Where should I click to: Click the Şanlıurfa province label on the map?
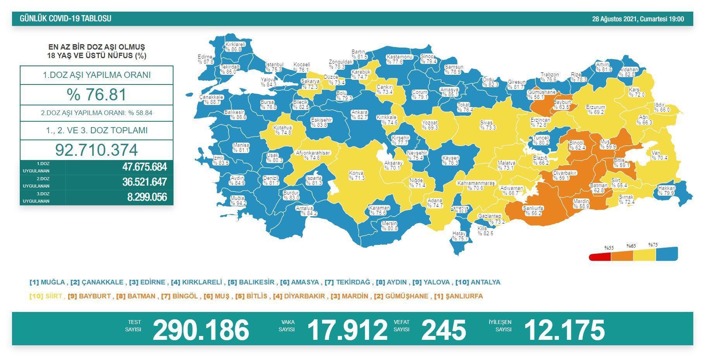pos(533,210)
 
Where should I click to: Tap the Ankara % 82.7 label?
pos(359,115)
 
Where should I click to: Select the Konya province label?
pos(356,176)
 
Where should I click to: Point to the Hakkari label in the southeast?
pos(667,191)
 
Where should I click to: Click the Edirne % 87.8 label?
pos(205,59)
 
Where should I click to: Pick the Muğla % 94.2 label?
pos(238,200)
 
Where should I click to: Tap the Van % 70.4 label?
pos(659,155)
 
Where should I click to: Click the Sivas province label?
pos(488,125)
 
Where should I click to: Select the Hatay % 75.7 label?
pos(460,236)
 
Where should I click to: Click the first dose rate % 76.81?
pos(96,95)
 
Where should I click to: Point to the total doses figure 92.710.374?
pos(96,150)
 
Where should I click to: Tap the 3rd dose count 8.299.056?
pos(147,197)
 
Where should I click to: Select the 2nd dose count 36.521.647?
pos(144,182)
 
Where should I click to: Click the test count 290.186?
pos(201,330)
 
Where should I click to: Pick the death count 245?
pos(443,330)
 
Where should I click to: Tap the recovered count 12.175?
pos(564,330)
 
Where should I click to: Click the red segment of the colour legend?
pos(600,257)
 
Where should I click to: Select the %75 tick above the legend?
pos(653,245)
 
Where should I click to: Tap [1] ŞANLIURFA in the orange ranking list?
pos(459,296)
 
